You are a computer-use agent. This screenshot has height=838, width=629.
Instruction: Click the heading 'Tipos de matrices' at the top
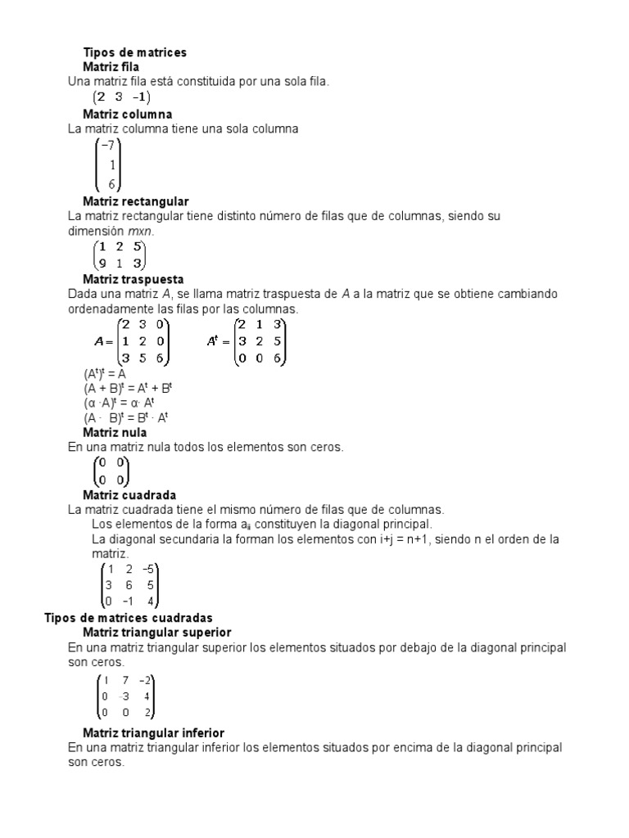coord(135,52)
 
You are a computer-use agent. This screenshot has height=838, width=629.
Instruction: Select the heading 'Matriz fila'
coord(111,66)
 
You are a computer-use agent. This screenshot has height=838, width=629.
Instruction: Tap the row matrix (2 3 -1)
coord(120,97)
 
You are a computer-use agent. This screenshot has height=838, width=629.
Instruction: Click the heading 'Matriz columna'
coord(127,114)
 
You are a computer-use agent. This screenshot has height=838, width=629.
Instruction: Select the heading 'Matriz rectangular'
coord(136,201)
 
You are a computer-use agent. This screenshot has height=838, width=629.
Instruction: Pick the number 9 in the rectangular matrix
coord(102,263)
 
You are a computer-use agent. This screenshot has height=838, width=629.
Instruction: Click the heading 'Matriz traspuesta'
coord(133,280)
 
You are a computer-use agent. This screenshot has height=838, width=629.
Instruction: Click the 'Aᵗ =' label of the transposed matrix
coord(217,340)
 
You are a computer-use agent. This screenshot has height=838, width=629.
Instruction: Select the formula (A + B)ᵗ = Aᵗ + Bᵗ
coord(126,388)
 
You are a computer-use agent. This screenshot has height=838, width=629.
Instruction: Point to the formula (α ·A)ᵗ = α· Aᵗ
coord(125,403)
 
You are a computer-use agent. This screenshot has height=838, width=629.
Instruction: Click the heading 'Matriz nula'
coord(115,432)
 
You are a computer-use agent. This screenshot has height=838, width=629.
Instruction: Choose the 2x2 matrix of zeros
coord(111,471)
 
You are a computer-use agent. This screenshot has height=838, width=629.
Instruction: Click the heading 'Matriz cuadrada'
coord(129,495)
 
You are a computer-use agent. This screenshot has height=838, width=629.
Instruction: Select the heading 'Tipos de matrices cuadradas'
coord(128,617)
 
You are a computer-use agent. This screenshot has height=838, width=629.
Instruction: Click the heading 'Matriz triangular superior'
coord(157,633)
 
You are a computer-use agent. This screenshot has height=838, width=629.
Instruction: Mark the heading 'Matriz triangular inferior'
coord(154,732)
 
